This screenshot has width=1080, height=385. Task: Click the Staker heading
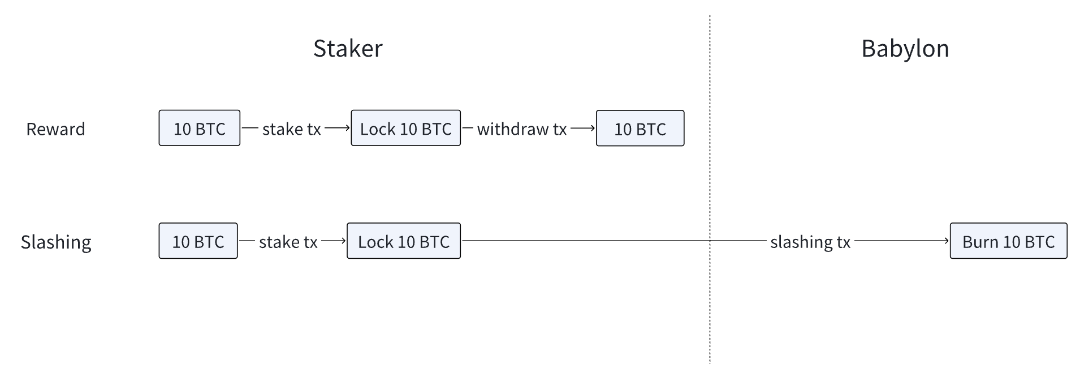(x=348, y=49)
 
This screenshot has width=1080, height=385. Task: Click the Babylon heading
(x=905, y=49)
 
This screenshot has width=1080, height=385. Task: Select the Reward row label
(x=55, y=129)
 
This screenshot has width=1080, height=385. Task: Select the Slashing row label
(x=56, y=242)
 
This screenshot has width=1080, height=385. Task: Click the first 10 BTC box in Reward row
(x=199, y=129)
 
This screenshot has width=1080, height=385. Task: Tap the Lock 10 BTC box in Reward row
(x=405, y=129)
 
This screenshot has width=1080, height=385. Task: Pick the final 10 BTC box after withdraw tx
(x=640, y=129)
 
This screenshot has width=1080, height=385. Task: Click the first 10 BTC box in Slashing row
(x=198, y=241)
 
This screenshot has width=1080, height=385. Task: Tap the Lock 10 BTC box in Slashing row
(x=403, y=241)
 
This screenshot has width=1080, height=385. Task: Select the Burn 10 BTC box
(x=1008, y=241)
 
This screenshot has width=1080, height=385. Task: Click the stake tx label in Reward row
(x=291, y=129)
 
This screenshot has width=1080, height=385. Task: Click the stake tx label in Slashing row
(x=288, y=242)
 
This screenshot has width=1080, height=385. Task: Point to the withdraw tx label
(x=521, y=129)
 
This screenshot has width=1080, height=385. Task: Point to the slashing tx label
(x=810, y=242)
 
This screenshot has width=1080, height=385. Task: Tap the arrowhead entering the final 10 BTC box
(x=592, y=128)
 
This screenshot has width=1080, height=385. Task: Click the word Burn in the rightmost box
(x=980, y=242)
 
